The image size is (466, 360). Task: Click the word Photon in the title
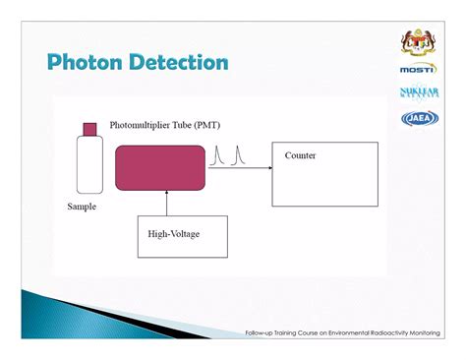87,63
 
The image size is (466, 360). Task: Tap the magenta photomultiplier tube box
160,165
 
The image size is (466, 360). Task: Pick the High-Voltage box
182,235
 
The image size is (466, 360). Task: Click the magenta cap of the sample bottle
90,129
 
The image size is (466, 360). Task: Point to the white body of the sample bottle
90,164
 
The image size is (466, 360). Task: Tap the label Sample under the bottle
82,207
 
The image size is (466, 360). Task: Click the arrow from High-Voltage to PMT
167,204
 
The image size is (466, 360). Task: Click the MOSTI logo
419,70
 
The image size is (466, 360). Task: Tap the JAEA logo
419,118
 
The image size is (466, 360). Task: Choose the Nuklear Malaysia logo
419,93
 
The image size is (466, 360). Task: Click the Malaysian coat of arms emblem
419,42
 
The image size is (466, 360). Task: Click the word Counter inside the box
300,156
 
